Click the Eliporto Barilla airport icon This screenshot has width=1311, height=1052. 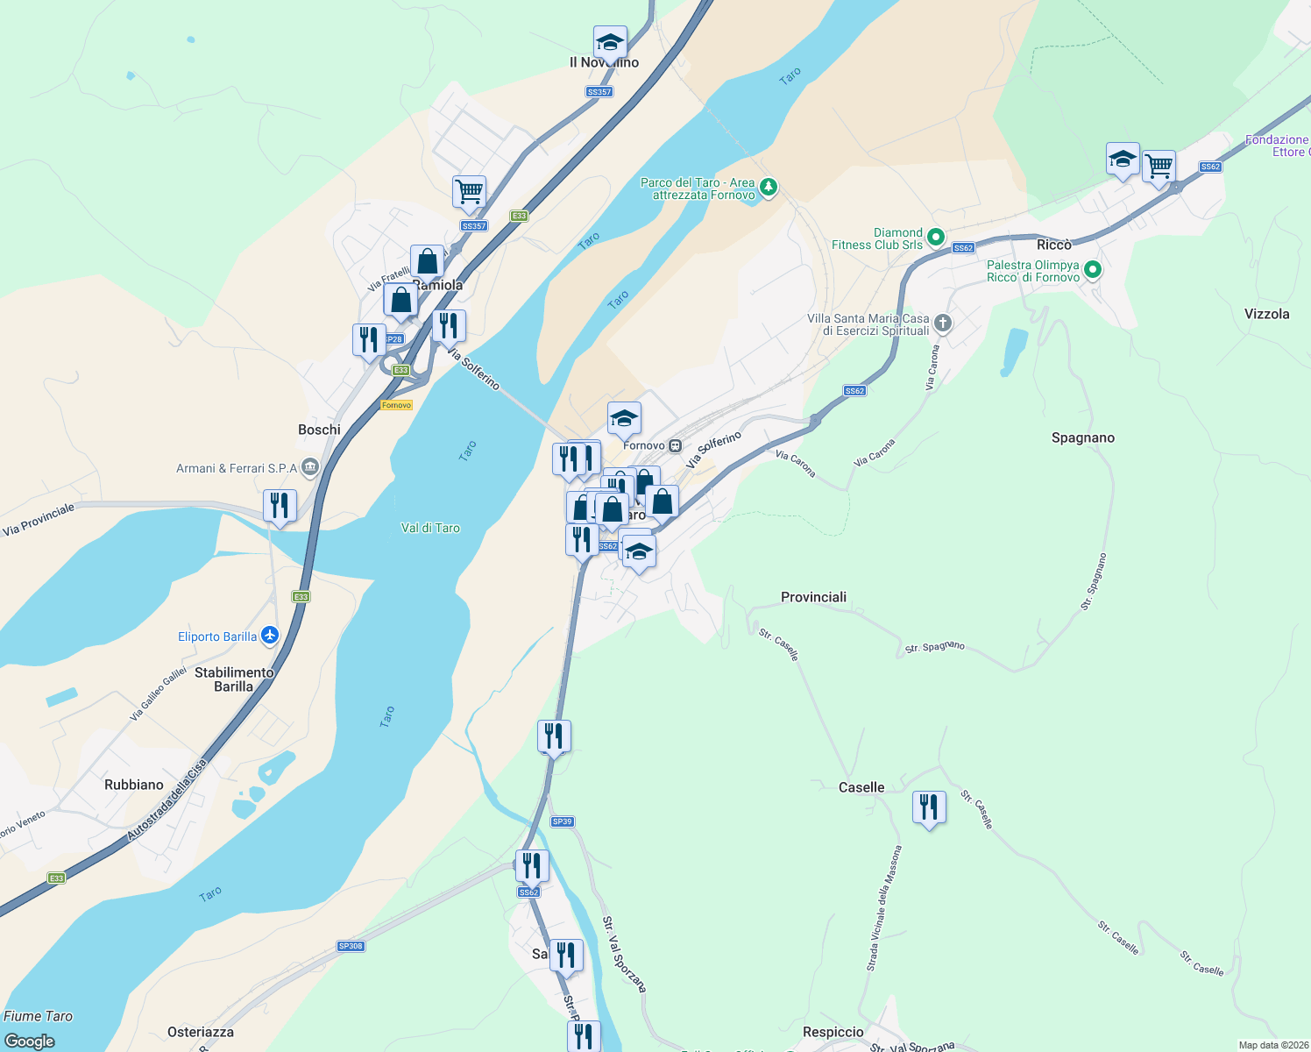(x=270, y=636)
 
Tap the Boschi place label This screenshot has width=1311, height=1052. (x=319, y=430)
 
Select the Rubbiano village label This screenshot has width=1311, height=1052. (x=134, y=785)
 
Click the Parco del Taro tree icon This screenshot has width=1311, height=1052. (x=769, y=187)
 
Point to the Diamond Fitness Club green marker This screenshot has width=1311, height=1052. (x=936, y=237)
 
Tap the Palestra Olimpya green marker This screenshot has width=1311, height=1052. (x=1093, y=270)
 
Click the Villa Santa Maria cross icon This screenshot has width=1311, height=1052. (x=943, y=323)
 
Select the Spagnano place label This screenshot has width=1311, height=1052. (x=1083, y=437)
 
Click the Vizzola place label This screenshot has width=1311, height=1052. (x=1266, y=314)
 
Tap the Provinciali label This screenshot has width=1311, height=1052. (x=813, y=597)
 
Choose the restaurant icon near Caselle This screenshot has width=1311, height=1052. (x=929, y=807)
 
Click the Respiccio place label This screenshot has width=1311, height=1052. (x=833, y=1032)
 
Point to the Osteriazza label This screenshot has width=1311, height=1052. (x=201, y=1032)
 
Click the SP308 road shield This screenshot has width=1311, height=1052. (x=351, y=946)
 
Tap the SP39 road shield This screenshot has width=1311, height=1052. (x=562, y=821)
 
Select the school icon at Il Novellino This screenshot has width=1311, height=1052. (x=609, y=41)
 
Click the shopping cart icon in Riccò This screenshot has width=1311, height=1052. (x=1159, y=165)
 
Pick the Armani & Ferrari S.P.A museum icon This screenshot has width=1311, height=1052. (x=309, y=467)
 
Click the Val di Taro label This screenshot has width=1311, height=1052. (x=430, y=528)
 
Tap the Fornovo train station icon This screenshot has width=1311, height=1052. (x=675, y=445)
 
